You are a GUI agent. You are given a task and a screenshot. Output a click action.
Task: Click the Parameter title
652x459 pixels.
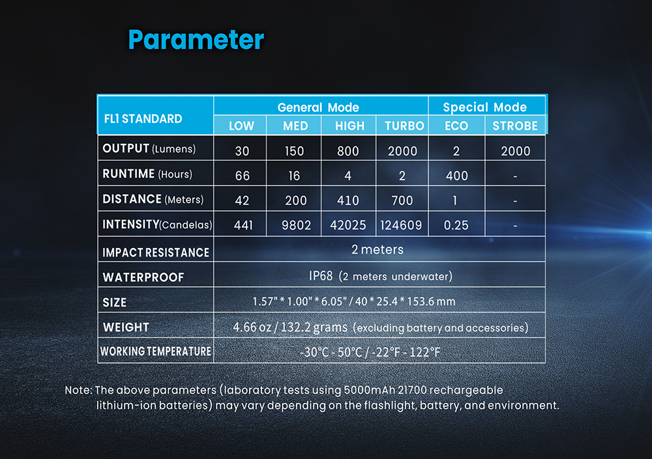click(196, 40)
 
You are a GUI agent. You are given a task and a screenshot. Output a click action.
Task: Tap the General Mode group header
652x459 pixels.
click(318, 107)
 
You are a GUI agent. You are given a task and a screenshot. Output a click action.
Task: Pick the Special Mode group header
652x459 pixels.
click(485, 107)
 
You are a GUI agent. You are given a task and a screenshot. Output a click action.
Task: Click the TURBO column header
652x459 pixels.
click(404, 126)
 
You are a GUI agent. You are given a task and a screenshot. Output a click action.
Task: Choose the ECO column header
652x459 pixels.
click(456, 126)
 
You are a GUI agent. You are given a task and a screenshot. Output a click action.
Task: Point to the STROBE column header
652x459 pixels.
click(515, 126)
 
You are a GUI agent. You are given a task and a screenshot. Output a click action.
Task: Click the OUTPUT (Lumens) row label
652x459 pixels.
click(149, 148)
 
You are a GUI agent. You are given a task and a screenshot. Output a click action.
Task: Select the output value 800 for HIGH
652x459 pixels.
click(348, 151)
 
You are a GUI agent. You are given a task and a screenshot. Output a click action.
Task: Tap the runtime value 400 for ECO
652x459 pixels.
click(456, 176)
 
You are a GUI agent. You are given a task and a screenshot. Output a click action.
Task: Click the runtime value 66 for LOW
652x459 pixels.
click(243, 176)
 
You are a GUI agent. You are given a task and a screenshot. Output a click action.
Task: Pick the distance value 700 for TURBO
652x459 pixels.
click(402, 201)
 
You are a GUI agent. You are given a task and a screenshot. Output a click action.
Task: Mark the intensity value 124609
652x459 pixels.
click(401, 225)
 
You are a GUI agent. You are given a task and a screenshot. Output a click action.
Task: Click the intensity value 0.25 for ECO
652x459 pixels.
click(456, 225)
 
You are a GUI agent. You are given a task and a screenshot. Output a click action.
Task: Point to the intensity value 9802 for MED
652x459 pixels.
click(296, 225)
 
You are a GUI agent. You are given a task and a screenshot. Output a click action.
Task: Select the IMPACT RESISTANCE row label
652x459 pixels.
click(156, 253)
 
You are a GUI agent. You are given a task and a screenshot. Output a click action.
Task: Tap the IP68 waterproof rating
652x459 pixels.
click(321, 276)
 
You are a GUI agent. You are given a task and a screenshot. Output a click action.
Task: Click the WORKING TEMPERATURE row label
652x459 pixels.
click(156, 352)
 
